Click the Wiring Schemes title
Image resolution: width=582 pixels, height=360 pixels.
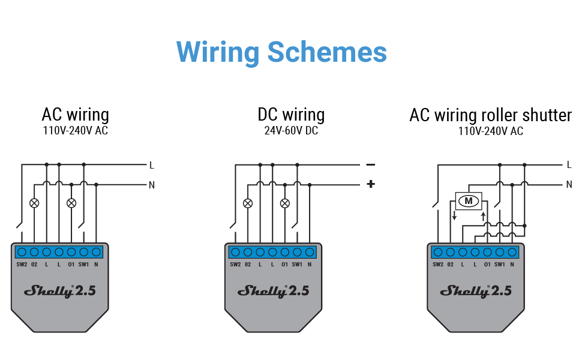coord(281,52)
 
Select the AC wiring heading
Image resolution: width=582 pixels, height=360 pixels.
coord(75,114)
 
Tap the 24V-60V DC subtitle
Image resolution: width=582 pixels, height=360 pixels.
coord(291,130)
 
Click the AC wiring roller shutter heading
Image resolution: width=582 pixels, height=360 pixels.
coord(490,115)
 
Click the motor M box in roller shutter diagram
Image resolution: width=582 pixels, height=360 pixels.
coord(469,200)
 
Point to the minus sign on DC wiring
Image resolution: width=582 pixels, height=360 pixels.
coord(371,164)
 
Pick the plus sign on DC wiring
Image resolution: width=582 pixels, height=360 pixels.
coord(371,184)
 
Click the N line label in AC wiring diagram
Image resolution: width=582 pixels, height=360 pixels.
coord(152,185)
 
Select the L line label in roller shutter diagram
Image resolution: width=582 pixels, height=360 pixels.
coord(569,164)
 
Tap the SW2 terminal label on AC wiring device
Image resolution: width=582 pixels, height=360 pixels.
coord(21,265)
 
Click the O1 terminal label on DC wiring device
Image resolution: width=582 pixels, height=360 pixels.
coord(284,265)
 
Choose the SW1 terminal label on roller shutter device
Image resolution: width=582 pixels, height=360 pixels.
coord(499,265)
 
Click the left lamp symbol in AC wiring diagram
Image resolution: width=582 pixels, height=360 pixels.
coord(34,203)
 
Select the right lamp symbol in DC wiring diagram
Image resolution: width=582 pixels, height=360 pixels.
coord(285,203)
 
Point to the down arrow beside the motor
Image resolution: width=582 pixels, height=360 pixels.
coord(454,214)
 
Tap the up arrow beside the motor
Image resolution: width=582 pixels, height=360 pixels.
coord(483,214)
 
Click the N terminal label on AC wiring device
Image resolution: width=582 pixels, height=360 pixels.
coord(96,265)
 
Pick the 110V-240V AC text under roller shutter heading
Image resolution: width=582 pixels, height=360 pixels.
coord(490,131)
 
